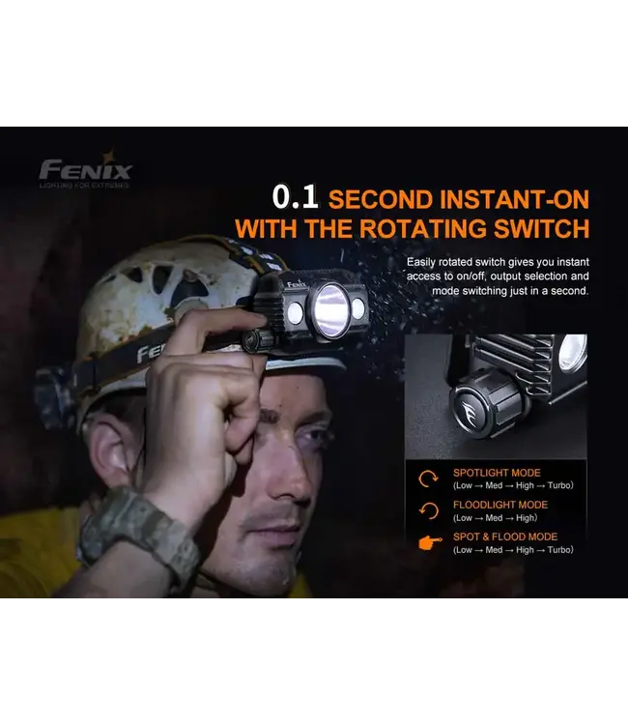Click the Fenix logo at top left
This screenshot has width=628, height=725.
click(x=85, y=172)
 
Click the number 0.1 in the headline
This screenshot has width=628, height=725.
click(x=295, y=198)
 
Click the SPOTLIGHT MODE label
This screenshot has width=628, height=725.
click(x=498, y=473)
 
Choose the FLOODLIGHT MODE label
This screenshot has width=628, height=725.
click(x=500, y=505)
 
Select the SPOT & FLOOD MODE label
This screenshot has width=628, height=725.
click(x=505, y=536)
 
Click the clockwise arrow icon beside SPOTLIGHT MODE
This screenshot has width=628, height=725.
click(x=427, y=478)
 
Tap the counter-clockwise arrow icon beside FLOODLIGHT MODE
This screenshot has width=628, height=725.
click(x=427, y=510)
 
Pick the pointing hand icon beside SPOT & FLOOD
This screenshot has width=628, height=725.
click(x=427, y=542)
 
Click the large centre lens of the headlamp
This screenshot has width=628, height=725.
click(x=328, y=310)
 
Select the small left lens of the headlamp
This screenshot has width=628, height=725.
click(x=295, y=312)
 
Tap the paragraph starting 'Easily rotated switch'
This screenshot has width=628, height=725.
click(x=498, y=276)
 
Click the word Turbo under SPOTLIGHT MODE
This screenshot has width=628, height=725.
click(x=558, y=485)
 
